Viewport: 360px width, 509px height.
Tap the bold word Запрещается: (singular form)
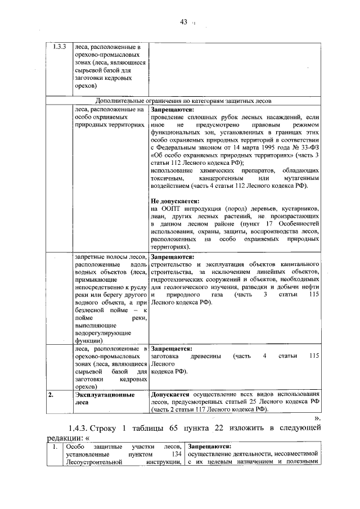(x=172, y=348)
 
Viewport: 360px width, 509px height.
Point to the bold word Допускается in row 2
(x=170, y=394)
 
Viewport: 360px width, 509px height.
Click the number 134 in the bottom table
(x=175, y=454)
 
